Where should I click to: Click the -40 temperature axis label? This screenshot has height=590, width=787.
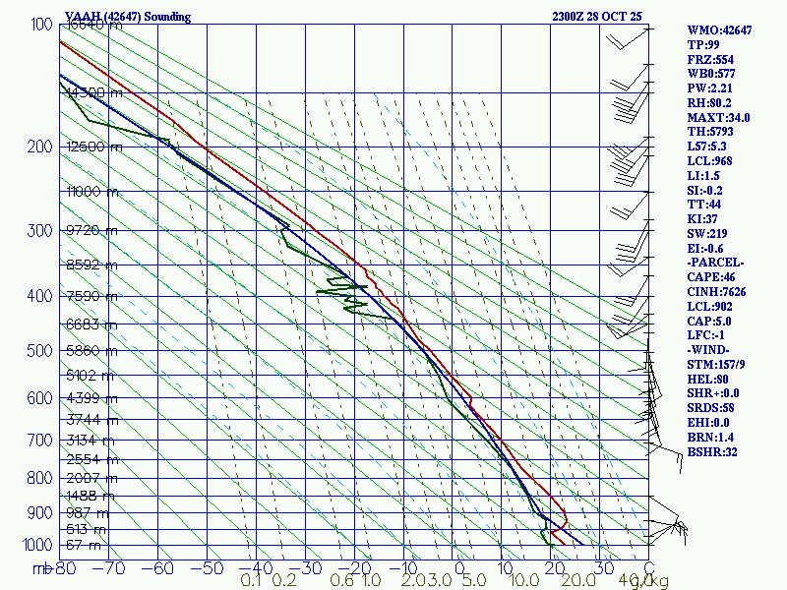(255, 568)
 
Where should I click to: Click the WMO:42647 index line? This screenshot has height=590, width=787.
(719, 30)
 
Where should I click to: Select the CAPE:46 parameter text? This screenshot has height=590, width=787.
(711, 277)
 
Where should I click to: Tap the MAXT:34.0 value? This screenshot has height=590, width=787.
(719, 117)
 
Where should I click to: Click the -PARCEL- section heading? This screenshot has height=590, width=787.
(716, 263)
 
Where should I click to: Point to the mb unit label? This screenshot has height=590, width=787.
(42, 568)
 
